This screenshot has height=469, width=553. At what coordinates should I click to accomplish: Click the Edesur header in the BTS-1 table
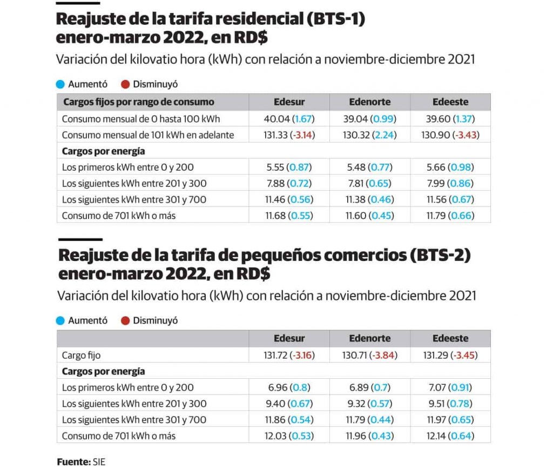pos(289,102)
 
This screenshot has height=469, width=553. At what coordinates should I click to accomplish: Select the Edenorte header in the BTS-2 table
pos(369,339)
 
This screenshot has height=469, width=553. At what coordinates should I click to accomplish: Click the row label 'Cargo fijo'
pos(81,356)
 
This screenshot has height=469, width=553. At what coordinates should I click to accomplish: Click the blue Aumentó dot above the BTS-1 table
pos(60,84)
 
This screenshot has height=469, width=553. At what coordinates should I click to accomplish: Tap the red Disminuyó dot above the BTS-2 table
pos(125,321)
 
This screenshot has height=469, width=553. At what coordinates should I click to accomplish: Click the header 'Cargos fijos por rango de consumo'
pos(139,102)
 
